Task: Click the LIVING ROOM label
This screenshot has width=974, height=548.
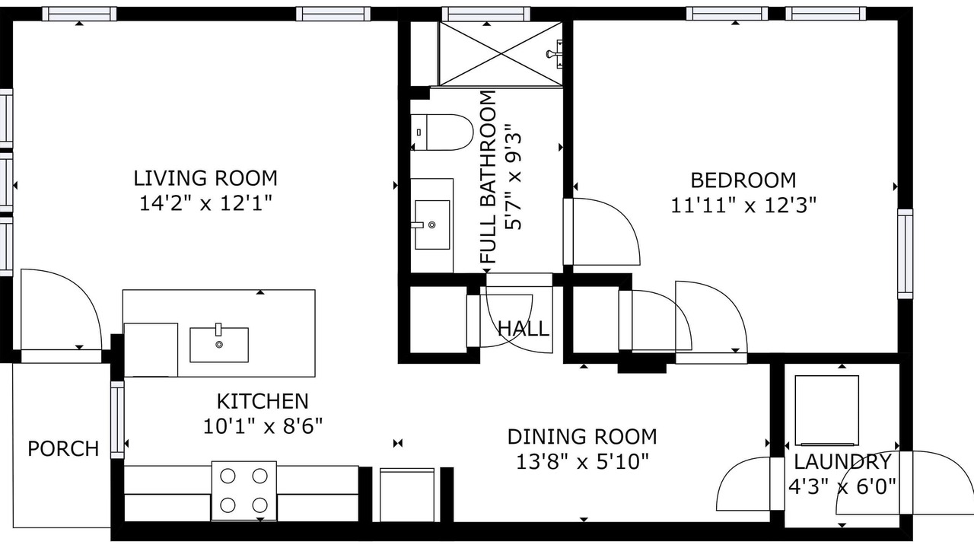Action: pyautogui.click(x=205, y=178)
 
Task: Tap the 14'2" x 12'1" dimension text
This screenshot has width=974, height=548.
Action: pyautogui.click(x=205, y=203)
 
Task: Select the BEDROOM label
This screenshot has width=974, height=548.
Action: pyautogui.click(x=743, y=180)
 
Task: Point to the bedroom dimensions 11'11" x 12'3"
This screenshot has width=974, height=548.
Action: pyautogui.click(x=743, y=205)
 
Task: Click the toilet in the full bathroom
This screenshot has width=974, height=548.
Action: pyautogui.click(x=442, y=132)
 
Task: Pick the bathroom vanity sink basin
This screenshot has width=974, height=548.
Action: pyautogui.click(x=431, y=225)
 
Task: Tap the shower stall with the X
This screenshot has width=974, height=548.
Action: pyautogui.click(x=501, y=54)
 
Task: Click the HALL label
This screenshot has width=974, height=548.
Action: pyautogui.click(x=523, y=329)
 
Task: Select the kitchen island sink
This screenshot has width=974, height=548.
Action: pyautogui.click(x=219, y=345)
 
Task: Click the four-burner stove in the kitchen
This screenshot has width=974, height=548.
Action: pyautogui.click(x=244, y=491)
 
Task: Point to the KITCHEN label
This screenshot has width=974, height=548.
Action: pyautogui.click(x=263, y=401)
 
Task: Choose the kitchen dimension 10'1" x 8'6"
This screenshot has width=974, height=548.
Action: pyautogui.click(x=263, y=426)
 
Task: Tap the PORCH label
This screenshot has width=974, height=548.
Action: pyautogui.click(x=63, y=448)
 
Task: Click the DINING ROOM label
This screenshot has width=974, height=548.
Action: pyautogui.click(x=582, y=437)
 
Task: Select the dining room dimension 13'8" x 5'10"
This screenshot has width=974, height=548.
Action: pyautogui.click(x=582, y=461)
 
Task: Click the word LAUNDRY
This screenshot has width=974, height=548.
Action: pyautogui.click(x=842, y=462)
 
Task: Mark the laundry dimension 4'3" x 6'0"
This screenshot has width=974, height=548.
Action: pyautogui.click(x=842, y=486)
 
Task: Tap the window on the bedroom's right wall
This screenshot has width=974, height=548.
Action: pyautogui.click(x=906, y=253)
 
